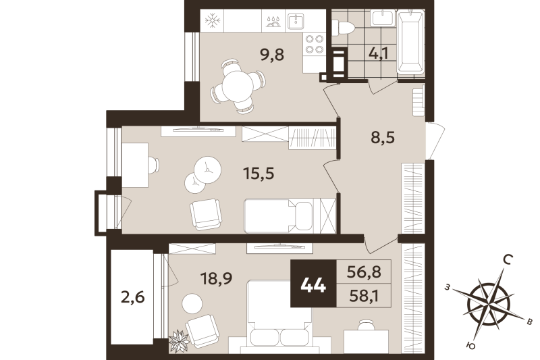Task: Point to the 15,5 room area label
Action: tap(259, 174)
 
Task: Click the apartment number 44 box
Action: tap(313, 284)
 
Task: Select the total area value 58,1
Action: tap(364, 295)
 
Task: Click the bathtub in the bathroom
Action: tap(410, 41)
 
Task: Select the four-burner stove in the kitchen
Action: tap(314, 44)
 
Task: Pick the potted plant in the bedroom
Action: tap(180, 340)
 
